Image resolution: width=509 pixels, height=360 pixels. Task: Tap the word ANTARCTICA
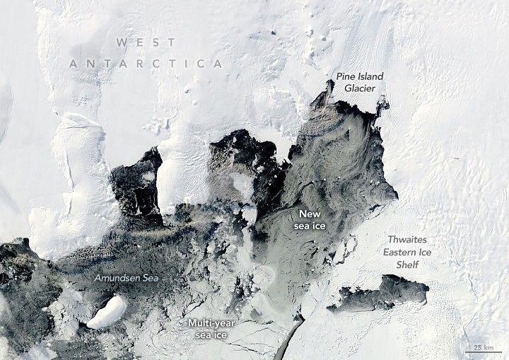(x=146, y=64)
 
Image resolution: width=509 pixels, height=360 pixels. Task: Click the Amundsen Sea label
(x=126, y=278)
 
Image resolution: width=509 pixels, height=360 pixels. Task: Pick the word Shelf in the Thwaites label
(x=407, y=265)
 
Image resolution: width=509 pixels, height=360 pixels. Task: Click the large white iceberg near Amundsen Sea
(x=107, y=312)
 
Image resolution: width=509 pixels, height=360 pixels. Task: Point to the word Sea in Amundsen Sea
(x=149, y=278)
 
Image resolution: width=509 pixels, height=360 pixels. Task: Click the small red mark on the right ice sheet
(x=457, y=158)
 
